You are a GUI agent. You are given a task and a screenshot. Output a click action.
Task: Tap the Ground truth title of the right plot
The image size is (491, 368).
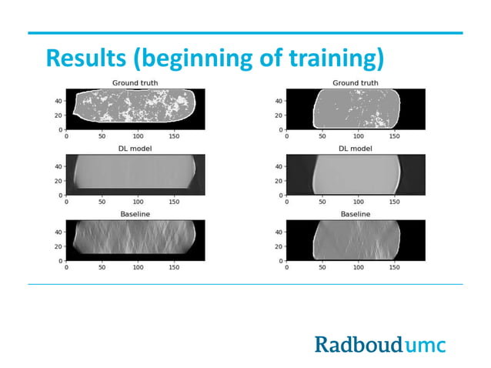tap(355, 82)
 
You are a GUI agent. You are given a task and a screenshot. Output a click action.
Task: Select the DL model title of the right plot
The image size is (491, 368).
tap(355, 148)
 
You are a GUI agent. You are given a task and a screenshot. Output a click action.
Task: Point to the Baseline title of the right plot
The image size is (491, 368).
tap(355, 213)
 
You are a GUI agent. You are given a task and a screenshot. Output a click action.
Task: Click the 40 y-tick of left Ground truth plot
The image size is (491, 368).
tap(59, 100)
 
